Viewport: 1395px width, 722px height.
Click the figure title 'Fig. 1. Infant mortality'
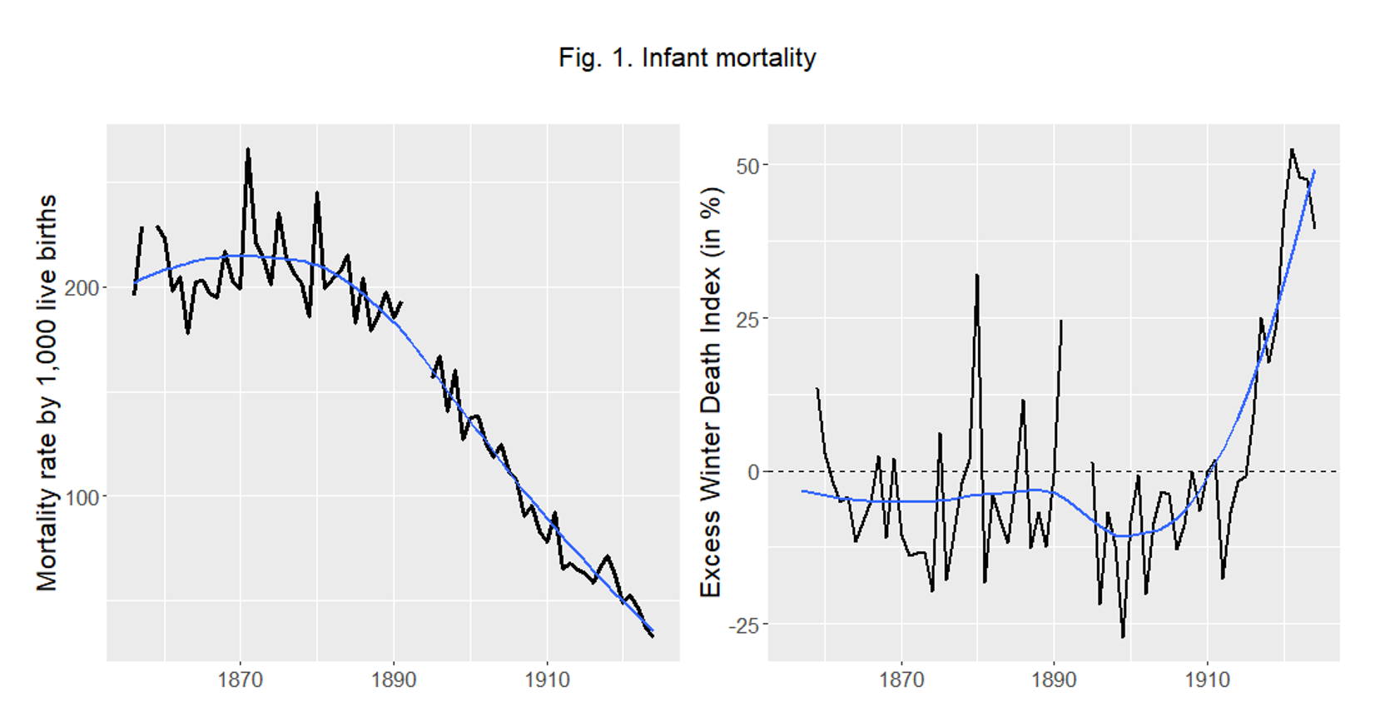[x=687, y=58]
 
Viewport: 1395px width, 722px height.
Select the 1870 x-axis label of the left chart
[x=240, y=680]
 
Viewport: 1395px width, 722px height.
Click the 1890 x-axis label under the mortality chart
[x=393, y=680]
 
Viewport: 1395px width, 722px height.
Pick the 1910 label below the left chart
[x=547, y=680]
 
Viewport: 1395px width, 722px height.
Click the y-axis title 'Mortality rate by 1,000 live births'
[x=47, y=392]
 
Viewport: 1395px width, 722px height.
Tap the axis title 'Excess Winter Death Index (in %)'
[x=710, y=392]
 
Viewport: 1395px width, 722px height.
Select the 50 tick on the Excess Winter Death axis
[x=747, y=166]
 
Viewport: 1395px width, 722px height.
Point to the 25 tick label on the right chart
[x=747, y=319]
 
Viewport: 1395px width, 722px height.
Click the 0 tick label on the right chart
[x=753, y=472]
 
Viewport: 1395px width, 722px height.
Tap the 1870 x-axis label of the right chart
[x=901, y=680]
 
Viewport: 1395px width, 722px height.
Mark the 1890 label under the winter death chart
[x=1054, y=680]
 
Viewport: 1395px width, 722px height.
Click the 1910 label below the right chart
[x=1207, y=680]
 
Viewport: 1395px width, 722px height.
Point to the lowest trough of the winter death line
[x=1123, y=637]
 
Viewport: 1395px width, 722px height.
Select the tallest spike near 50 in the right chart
[x=1292, y=150]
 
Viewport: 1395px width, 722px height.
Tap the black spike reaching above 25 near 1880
[x=977, y=275]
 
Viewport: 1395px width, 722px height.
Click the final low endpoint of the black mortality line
[x=653, y=636]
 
